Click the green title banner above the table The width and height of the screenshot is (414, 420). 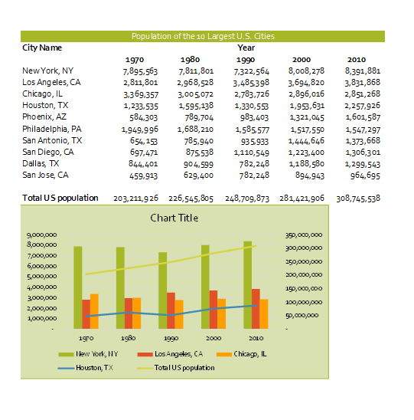tap(202, 36)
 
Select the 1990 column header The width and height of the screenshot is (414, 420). tap(246, 59)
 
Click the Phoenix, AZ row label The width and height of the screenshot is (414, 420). tap(44, 116)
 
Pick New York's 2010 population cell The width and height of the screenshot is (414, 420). tap(362, 71)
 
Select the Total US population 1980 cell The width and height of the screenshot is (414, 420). tap(195, 198)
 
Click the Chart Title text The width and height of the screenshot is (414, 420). tap(174, 218)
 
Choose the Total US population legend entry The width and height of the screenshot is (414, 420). tap(184, 367)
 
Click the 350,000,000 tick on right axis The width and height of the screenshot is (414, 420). tap(303, 235)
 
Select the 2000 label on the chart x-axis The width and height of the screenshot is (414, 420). tap(213, 337)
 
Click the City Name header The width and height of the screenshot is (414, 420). tap(42, 48)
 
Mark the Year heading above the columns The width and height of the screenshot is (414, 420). tap(246, 48)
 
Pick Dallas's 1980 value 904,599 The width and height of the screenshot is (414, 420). tap(198, 164)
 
